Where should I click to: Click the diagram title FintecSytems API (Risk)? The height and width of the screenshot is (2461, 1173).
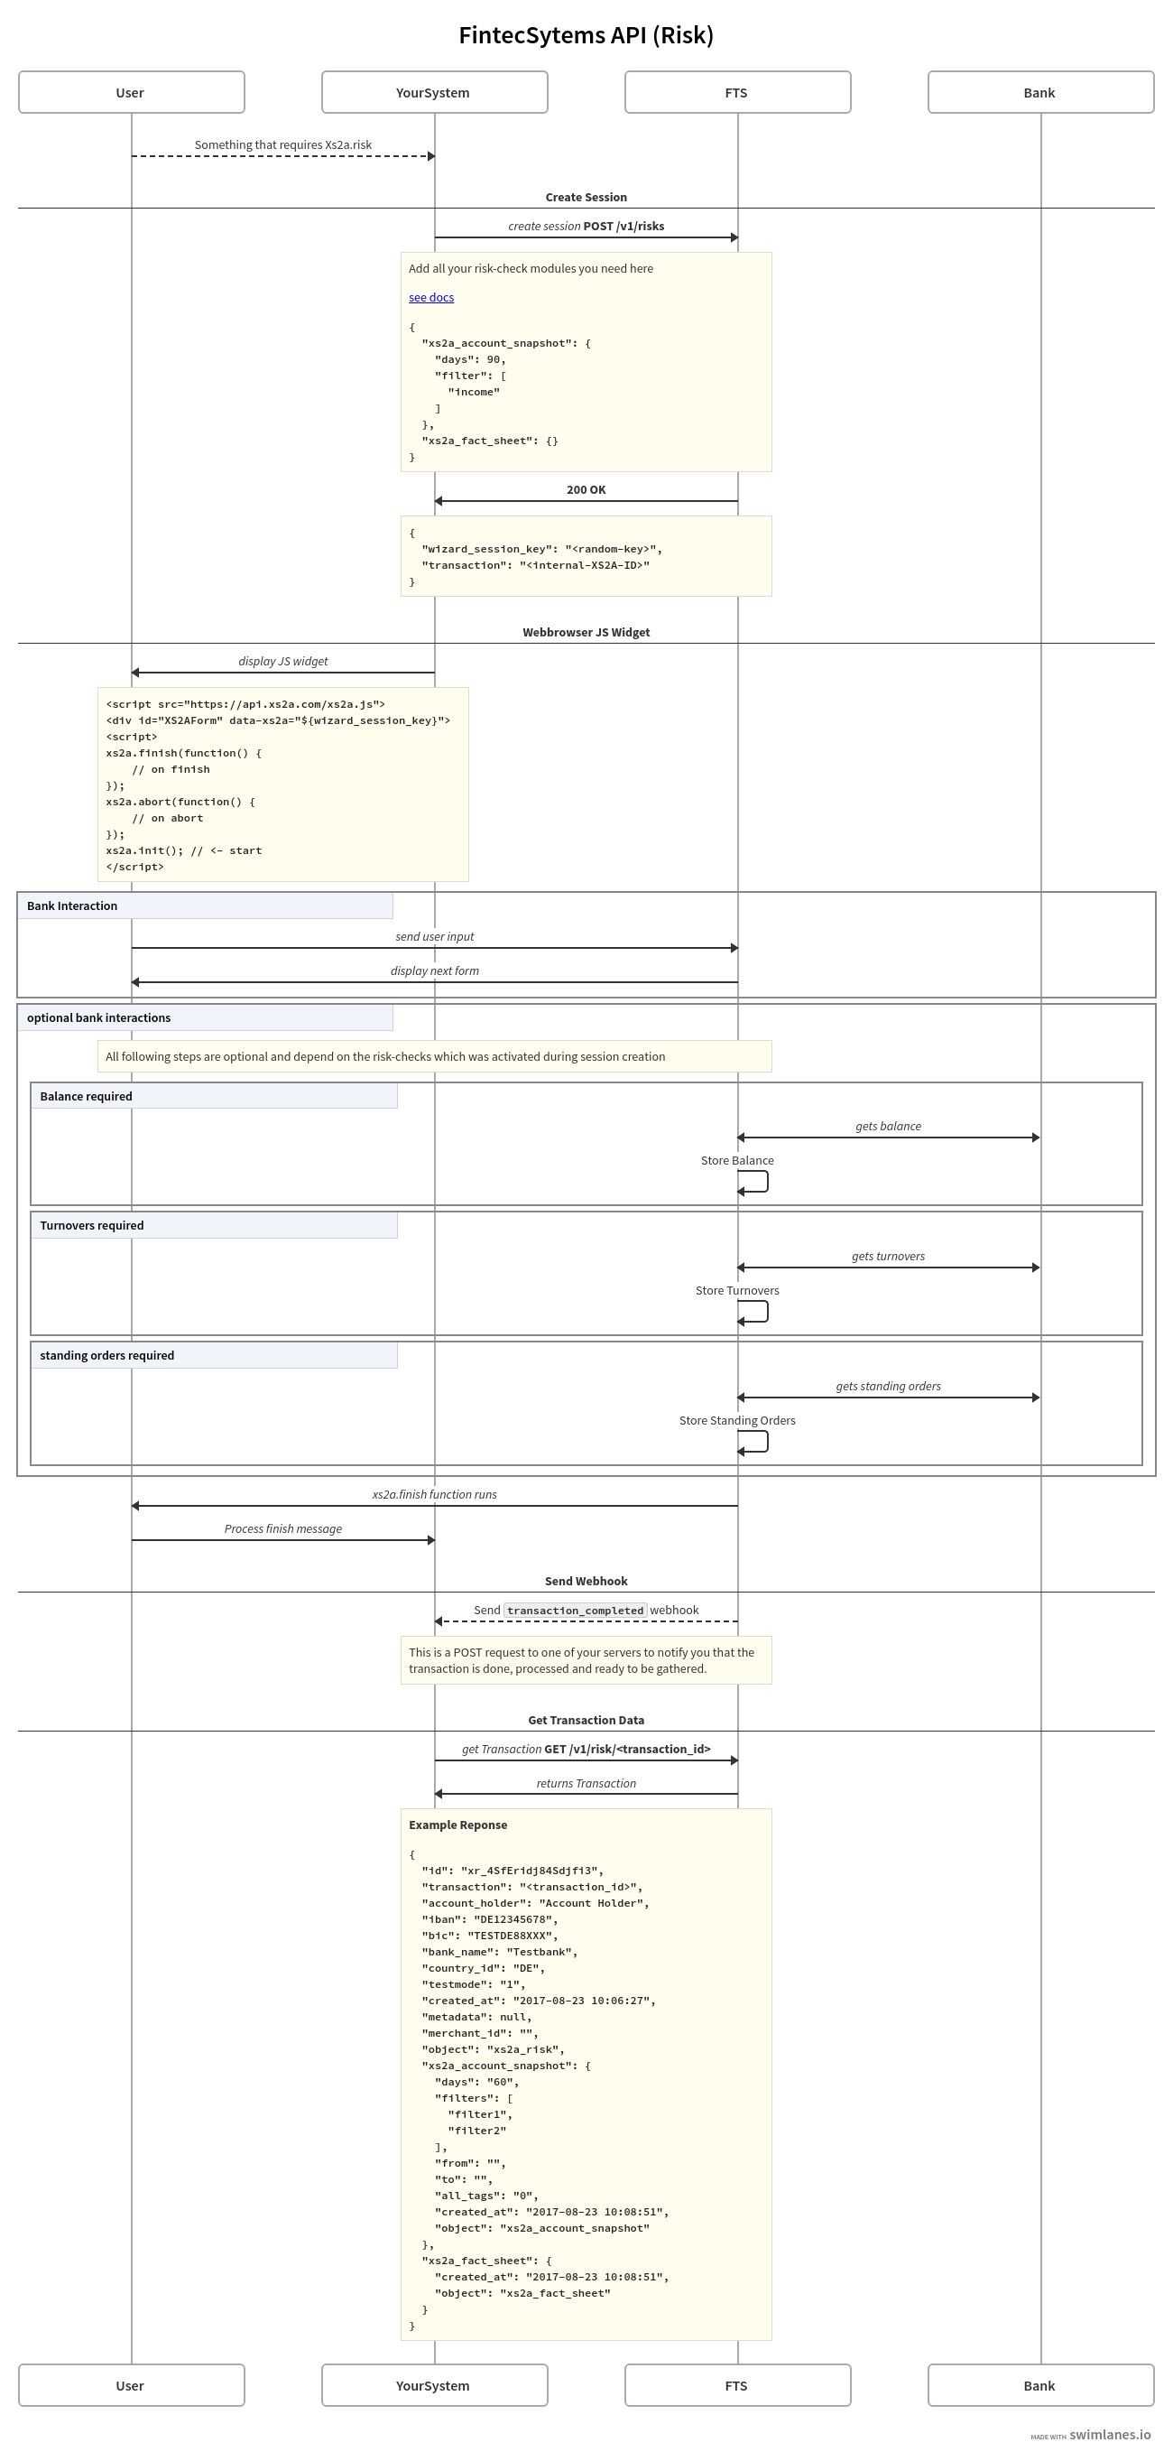586,35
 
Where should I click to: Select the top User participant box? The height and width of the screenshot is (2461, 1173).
131,93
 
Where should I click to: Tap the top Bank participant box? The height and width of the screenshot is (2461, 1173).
1040,93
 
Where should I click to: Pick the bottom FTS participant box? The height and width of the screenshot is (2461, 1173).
737,2384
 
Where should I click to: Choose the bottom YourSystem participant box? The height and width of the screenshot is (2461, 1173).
434,2384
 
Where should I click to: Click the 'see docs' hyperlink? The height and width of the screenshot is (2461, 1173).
430,298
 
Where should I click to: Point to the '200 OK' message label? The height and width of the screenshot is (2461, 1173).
586,489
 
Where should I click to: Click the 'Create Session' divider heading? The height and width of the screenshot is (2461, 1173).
586,198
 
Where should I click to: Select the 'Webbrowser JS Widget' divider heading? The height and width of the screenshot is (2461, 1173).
586,633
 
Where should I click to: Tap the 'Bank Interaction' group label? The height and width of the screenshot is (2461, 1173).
72,905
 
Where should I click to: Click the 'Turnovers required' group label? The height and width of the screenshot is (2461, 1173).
92,1226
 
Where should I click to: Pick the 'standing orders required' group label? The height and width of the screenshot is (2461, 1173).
107,1356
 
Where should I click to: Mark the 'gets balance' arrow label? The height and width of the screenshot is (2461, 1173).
887,1127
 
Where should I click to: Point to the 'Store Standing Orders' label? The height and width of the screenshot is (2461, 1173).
736,1421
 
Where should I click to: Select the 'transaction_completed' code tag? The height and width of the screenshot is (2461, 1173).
575,1611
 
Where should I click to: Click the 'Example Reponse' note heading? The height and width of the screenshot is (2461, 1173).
457,1825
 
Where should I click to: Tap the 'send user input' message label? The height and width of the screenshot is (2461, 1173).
435,937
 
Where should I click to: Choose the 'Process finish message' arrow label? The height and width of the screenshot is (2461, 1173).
282,1528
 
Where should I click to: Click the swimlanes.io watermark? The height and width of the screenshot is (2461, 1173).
1109,2435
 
